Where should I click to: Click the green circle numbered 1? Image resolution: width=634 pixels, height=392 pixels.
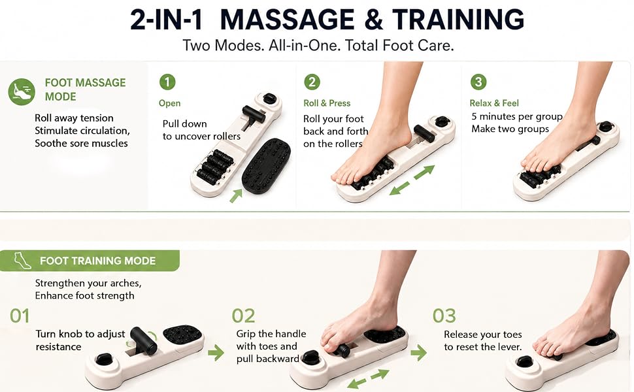[x=167, y=82]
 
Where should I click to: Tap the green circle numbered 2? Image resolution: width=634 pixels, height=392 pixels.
[x=312, y=82]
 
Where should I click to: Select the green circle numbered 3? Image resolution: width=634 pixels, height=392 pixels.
[x=478, y=82]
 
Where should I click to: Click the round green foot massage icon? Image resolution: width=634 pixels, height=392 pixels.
[x=22, y=91]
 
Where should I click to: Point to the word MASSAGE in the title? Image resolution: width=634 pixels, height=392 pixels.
[x=288, y=20]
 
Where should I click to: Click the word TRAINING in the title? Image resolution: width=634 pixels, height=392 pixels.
[x=458, y=20]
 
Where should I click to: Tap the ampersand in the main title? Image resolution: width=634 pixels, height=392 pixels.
[x=373, y=20]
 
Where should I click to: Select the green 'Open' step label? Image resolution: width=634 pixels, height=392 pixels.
[x=169, y=103]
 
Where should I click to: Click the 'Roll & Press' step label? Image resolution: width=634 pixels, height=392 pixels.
[x=327, y=103]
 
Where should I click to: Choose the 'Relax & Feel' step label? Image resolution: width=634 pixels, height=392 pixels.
[x=494, y=103]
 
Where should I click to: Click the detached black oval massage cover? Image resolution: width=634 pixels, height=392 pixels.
[x=267, y=166]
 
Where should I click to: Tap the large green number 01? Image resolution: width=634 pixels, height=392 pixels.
[x=20, y=316]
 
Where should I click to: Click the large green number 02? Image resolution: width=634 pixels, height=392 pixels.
[x=243, y=316]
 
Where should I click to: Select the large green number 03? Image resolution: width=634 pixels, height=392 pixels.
[x=444, y=316]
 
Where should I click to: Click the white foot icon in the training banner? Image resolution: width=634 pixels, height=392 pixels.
[x=22, y=261]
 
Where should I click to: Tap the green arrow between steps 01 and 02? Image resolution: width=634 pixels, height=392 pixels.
[x=216, y=352]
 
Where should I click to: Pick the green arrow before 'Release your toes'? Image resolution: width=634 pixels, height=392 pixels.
[x=418, y=352]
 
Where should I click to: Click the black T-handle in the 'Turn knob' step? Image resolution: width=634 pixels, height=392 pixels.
[x=143, y=340]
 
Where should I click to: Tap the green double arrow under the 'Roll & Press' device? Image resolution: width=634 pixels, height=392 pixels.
[x=412, y=180]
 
